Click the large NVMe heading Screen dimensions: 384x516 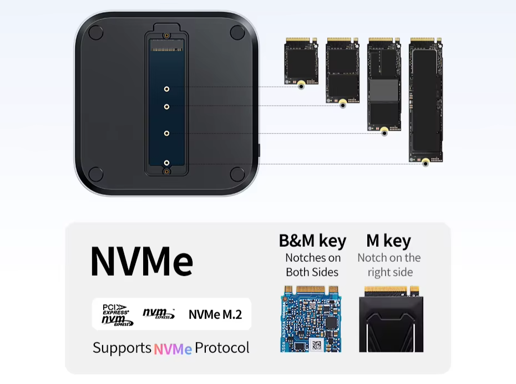click(x=141, y=261)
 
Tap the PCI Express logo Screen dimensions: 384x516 click(x=115, y=309)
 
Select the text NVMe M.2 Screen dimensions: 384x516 click(x=215, y=315)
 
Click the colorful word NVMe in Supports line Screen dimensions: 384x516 click(x=173, y=348)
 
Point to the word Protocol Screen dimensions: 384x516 click(x=222, y=348)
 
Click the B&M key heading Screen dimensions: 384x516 click(x=312, y=241)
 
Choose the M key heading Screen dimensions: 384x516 click(x=388, y=241)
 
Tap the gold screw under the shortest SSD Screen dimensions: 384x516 click(x=301, y=86)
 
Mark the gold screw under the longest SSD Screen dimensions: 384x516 click(x=426, y=163)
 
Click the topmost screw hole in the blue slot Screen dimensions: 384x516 click(x=166, y=89)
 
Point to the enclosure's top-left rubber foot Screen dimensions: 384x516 click(x=95, y=33)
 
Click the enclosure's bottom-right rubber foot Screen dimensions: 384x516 click(x=237, y=173)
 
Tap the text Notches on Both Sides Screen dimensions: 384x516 click(x=312, y=265)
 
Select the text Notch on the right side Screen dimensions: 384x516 click(x=389, y=265)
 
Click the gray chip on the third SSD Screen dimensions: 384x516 click(x=385, y=90)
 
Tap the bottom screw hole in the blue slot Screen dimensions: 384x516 click(x=166, y=163)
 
